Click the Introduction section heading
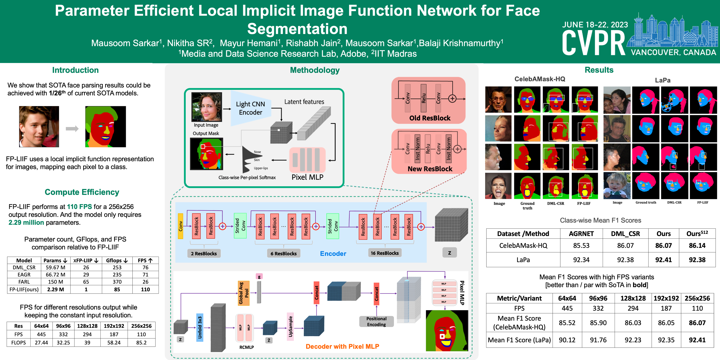pyautogui.click(x=75, y=70)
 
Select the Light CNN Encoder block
pyautogui.click(x=250, y=108)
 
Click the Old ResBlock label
pyautogui.click(x=430, y=118)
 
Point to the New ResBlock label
pyautogui.click(x=430, y=169)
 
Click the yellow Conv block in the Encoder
pyautogui.click(x=181, y=226)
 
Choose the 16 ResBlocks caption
pyautogui.click(x=385, y=253)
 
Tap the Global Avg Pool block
pyautogui.click(x=243, y=293)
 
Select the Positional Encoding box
pyautogui.click(x=376, y=321)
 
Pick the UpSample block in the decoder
pyautogui.click(x=290, y=327)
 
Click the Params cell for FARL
pyautogui.click(x=55, y=282)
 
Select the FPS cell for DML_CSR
pyautogui.click(x=145, y=267)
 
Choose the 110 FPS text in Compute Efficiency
pyautogui.click(x=79, y=207)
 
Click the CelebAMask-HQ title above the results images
pyautogui.click(x=540, y=79)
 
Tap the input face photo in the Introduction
pyautogui.click(x=39, y=127)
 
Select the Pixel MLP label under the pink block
pyautogui.click(x=307, y=177)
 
